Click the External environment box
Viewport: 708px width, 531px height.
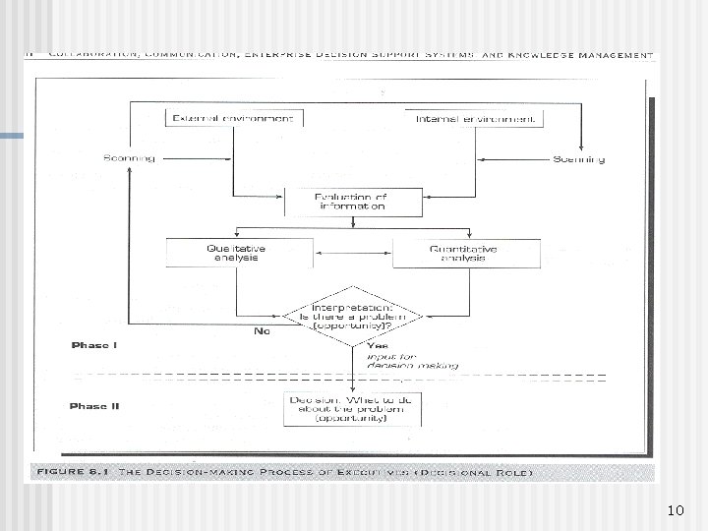233,118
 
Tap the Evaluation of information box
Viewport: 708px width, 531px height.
351,202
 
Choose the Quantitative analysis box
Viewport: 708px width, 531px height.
461,253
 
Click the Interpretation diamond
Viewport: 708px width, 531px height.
351,314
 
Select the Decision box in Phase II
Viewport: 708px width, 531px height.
351,408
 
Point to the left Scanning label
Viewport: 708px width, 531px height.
128,158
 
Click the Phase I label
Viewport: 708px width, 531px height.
94,345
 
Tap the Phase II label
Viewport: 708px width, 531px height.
94,405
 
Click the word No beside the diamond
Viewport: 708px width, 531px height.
262,331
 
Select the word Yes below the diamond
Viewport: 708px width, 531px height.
377,346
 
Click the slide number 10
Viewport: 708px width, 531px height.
675,510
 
